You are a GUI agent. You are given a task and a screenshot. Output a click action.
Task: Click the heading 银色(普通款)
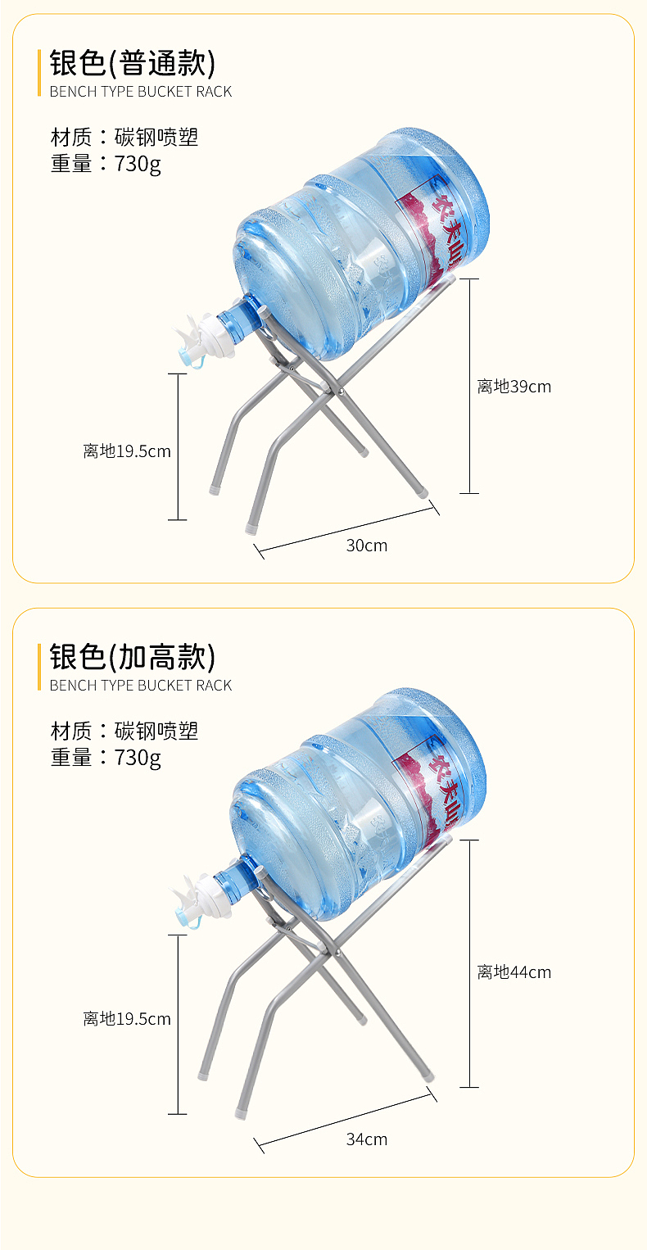(x=132, y=63)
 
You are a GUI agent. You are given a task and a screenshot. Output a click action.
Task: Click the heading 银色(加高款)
(x=132, y=657)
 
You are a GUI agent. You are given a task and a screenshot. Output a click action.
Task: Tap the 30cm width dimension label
(x=366, y=546)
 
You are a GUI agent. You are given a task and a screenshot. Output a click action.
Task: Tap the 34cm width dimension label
(x=366, y=1139)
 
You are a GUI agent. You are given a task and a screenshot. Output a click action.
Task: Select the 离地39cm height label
(x=514, y=387)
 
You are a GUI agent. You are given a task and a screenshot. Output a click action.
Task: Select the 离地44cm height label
(x=514, y=972)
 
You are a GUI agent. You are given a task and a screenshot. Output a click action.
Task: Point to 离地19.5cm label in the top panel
(x=127, y=451)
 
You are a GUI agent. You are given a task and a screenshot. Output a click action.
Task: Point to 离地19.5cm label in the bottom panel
(x=127, y=1019)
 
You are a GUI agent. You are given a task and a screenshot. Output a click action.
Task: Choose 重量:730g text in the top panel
(x=106, y=164)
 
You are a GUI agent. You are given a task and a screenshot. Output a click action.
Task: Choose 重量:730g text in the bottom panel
(x=106, y=757)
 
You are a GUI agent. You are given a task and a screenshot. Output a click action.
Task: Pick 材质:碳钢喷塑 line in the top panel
(x=124, y=137)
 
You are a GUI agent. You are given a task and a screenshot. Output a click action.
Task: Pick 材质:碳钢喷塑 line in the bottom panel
(x=124, y=731)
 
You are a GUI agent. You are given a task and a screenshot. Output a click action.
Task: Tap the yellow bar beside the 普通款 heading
(x=38, y=73)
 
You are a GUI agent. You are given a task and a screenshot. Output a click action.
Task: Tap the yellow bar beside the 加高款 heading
(x=38, y=667)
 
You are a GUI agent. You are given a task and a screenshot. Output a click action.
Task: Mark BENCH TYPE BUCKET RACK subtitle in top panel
(x=141, y=92)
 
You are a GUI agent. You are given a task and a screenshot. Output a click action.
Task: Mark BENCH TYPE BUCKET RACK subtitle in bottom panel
(x=141, y=686)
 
